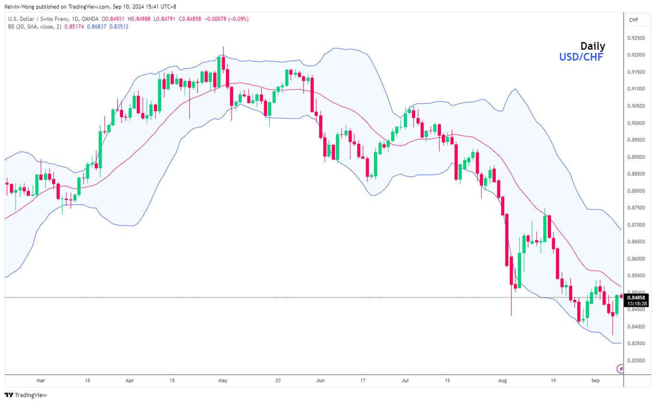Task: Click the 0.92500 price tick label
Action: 638,38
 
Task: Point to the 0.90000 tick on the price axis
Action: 638,123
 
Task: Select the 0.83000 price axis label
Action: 638,361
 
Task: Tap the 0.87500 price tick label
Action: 638,208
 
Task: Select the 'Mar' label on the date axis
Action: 41,381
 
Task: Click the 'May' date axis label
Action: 223,381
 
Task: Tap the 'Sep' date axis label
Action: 595,381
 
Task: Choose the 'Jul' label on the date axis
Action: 405,381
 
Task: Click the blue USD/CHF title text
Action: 581,57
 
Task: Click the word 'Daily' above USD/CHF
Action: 593,46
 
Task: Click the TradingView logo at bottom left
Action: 26,395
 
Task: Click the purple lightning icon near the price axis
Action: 621,369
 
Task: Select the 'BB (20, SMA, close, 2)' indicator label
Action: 35,27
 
